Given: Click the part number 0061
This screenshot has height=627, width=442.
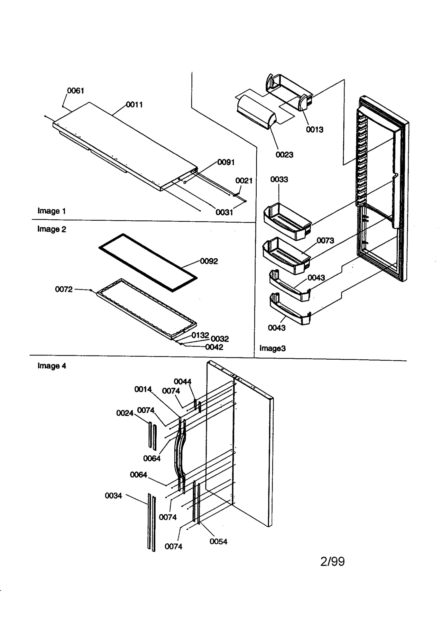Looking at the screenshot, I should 75,91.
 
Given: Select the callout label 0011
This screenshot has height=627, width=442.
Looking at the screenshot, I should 134,105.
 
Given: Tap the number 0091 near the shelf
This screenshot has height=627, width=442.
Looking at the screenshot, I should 226,162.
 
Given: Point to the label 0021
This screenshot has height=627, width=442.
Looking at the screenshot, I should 244,181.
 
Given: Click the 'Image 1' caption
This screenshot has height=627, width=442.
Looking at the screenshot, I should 52,211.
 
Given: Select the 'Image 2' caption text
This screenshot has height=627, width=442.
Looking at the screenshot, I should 52,229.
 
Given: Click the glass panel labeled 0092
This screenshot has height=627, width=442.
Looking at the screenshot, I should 148,262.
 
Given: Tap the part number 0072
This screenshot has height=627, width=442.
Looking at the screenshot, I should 64,289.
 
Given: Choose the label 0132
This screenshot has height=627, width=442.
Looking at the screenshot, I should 200,335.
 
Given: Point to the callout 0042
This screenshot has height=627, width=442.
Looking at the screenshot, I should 214,347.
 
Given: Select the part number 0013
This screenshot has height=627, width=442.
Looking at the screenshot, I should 314,130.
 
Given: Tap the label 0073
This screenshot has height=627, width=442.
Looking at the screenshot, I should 325,241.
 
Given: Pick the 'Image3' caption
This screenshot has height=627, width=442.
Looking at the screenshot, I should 272,348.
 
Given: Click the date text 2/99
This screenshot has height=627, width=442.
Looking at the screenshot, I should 332,562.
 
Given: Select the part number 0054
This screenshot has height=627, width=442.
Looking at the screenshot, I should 218,542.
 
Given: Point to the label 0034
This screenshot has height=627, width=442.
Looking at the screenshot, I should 113,496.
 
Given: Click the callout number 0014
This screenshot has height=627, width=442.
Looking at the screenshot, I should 143,389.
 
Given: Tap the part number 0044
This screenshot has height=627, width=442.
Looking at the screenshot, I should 182,382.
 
